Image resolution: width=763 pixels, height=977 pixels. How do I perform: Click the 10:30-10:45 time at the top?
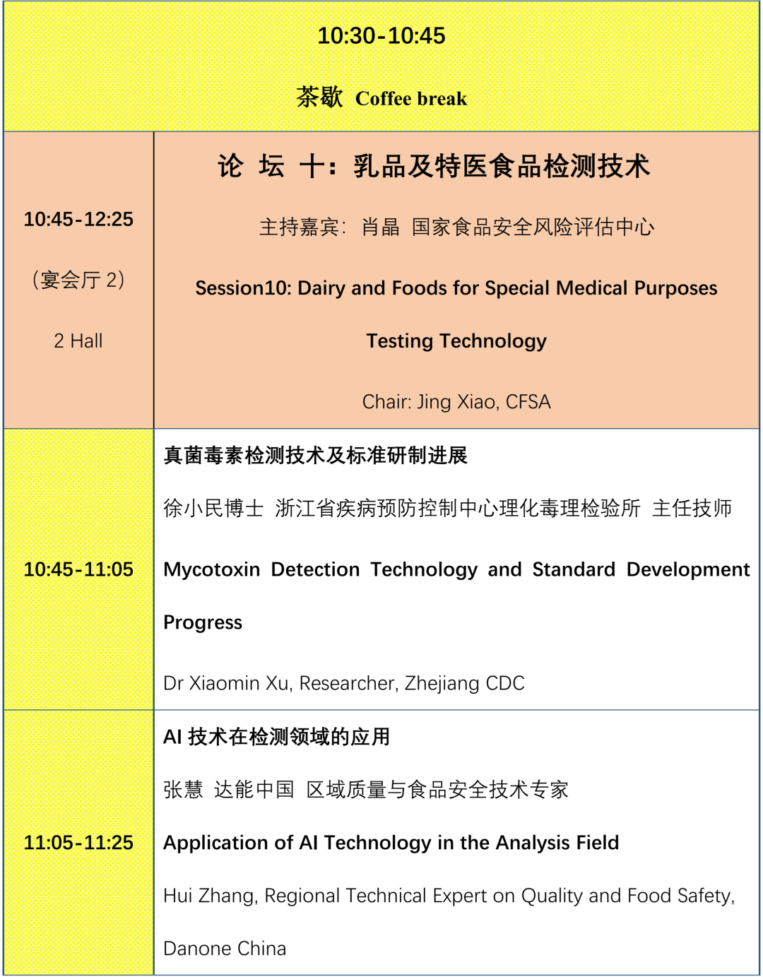coord(381,36)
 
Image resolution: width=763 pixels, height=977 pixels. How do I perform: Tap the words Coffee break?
coord(410,99)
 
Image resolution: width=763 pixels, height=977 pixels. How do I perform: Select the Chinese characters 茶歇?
coord(319,97)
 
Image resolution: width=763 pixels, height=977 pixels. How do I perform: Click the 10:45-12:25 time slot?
coord(78,220)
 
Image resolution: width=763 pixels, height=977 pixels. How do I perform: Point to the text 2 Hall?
coord(78,341)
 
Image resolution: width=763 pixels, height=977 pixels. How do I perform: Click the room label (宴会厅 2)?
coord(78,280)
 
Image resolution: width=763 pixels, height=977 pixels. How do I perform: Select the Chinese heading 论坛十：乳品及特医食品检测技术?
coord(434,167)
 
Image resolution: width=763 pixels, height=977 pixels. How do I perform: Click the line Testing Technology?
coord(456,341)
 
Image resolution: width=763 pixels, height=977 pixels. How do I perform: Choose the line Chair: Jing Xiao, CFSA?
coord(456,402)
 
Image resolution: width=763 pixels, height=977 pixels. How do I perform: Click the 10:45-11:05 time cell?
coord(78,569)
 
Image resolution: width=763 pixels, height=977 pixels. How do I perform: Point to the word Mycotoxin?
coord(212,569)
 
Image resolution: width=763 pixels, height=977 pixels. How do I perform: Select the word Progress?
coord(203,622)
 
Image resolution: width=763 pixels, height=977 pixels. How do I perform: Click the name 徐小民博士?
coord(213,508)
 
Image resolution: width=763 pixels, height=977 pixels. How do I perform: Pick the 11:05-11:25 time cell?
coord(78,843)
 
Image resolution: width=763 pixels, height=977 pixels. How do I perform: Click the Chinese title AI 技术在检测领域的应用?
coord(277,737)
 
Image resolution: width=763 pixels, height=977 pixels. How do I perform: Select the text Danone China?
coord(225,949)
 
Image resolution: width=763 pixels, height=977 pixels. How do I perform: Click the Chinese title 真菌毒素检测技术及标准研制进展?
coord(316,456)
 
